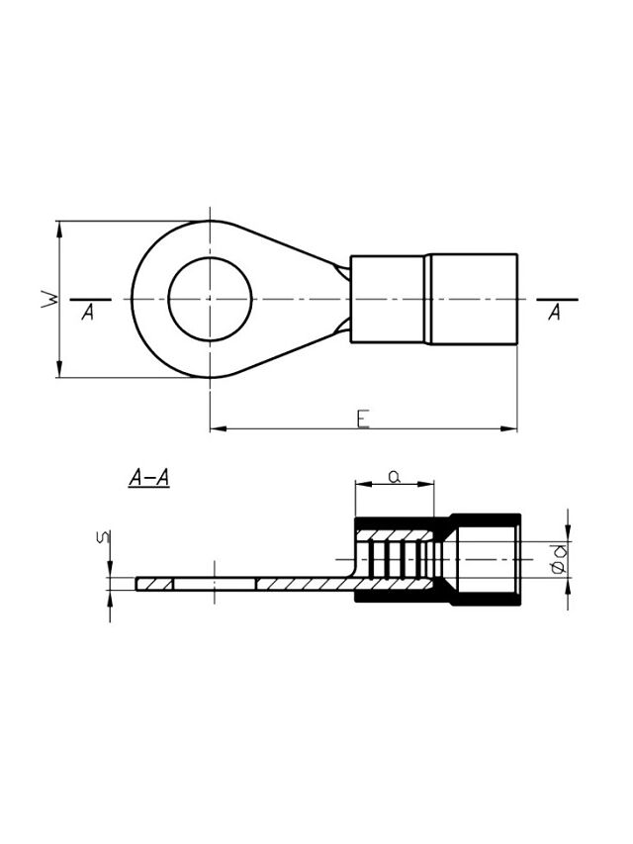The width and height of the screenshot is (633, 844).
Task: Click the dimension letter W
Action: [x=49, y=299]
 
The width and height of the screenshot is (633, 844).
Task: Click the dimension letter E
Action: [x=364, y=420]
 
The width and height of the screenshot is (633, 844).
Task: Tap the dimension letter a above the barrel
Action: [x=395, y=475]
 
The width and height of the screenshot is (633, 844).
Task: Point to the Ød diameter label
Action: [x=560, y=559]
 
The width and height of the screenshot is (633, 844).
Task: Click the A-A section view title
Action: [x=149, y=478]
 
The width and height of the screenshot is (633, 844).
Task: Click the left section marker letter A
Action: [x=88, y=312]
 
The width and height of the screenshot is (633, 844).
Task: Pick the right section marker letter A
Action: [x=555, y=312]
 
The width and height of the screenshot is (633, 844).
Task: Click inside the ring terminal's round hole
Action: [x=210, y=299]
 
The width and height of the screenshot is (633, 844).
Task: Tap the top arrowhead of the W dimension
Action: [x=59, y=230]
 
